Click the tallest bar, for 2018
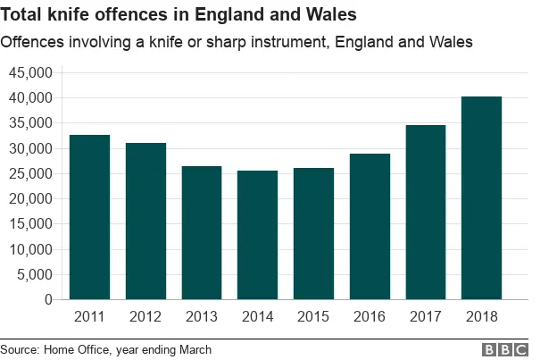[481, 197]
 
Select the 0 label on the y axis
[48, 300]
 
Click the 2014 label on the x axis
[257, 316]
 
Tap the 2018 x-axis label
[481, 316]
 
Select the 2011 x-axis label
[89, 316]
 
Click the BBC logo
[505, 350]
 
